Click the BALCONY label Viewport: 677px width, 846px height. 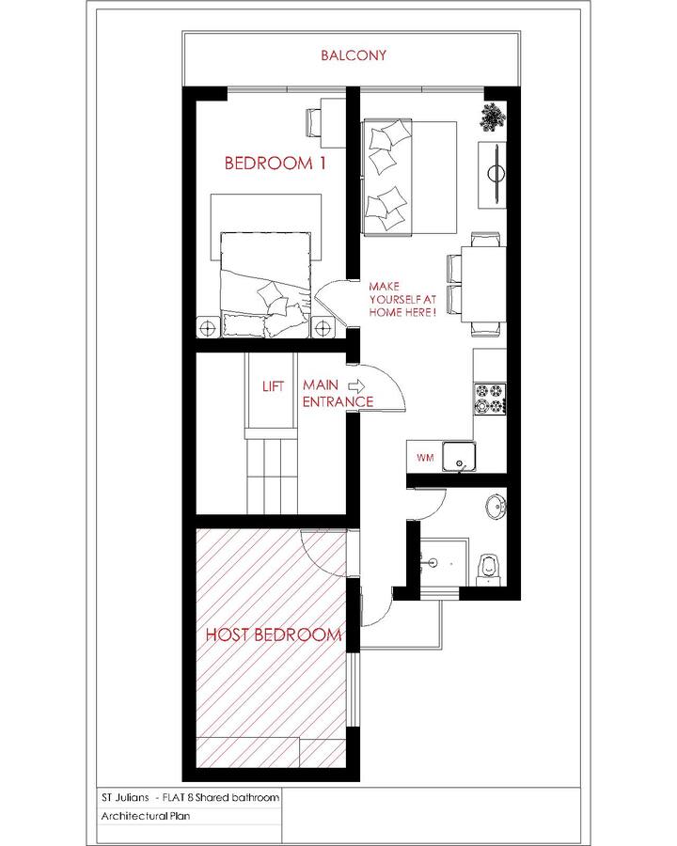(354, 55)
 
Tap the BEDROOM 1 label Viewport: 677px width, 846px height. (275, 163)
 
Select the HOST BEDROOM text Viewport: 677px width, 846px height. (274, 634)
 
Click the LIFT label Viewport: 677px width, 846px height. (274, 386)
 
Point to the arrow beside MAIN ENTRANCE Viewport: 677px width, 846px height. (357, 385)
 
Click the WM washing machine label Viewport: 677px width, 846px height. (425, 458)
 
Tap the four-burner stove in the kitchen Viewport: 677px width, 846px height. (490, 399)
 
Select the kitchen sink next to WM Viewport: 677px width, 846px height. (460, 457)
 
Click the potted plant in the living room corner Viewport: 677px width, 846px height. (493, 117)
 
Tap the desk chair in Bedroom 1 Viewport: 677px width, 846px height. (314, 123)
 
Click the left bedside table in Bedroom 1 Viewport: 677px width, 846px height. (209, 327)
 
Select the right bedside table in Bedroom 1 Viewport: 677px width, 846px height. (323, 327)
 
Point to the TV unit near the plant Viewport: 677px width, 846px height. (493, 174)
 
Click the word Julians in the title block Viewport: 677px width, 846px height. (133, 797)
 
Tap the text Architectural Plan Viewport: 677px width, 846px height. (145, 816)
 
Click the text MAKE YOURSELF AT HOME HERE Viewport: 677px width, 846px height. (402, 299)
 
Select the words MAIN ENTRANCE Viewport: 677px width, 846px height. (338, 393)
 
